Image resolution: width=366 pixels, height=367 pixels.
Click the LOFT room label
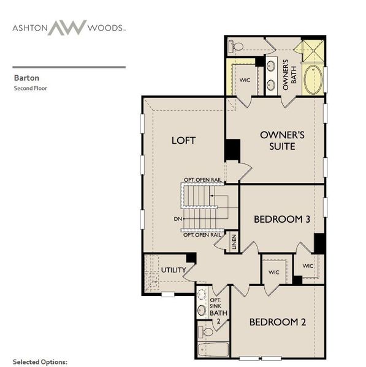pos(183,141)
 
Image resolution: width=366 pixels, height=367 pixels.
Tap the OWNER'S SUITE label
pos(278,140)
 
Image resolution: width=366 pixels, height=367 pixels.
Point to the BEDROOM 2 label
pos(278,322)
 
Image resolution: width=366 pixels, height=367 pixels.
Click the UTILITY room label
pos(173,270)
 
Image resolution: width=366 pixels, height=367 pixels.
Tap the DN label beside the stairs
pos(177,219)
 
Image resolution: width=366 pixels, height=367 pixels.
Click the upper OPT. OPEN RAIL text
pos(202,179)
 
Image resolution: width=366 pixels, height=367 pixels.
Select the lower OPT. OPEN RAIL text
pos(202,235)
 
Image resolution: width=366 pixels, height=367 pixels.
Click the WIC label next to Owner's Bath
pos(245,80)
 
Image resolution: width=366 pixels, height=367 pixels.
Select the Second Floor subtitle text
pos(31,89)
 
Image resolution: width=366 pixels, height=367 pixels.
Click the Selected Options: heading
pos(40,362)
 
